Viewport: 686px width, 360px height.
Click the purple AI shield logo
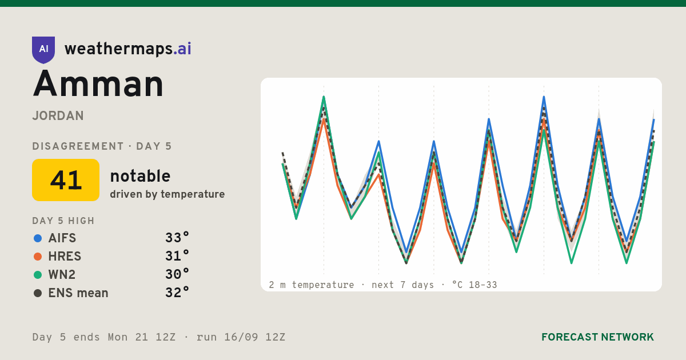pos(43,50)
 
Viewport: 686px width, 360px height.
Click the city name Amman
pos(98,84)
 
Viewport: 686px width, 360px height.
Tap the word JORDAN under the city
pos(58,115)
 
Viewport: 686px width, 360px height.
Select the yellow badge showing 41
pos(66,180)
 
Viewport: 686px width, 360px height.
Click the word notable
pos(140,176)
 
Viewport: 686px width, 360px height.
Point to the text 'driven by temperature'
pos(167,194)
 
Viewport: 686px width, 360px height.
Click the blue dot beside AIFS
pos(38,238)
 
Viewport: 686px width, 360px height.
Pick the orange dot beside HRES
pos(38,257)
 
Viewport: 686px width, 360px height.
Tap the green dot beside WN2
pos(38,275)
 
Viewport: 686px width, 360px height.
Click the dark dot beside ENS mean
pos(38,293)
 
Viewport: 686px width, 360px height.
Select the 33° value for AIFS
pos(177,238)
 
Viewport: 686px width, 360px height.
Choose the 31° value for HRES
pos(177,256)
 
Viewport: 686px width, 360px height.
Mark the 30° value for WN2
pos(177,274)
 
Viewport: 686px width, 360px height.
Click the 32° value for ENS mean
pos(177,293)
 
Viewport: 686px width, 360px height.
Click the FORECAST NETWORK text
pos(597,337)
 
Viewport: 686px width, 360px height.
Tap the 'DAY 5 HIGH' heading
pos(63,221)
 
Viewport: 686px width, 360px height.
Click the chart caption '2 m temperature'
pos(312,285)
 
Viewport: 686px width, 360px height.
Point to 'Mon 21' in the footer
pos(127,337)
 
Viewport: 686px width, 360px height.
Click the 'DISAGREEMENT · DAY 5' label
pos(102,146)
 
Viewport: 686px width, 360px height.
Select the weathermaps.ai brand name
pos(127,49)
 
